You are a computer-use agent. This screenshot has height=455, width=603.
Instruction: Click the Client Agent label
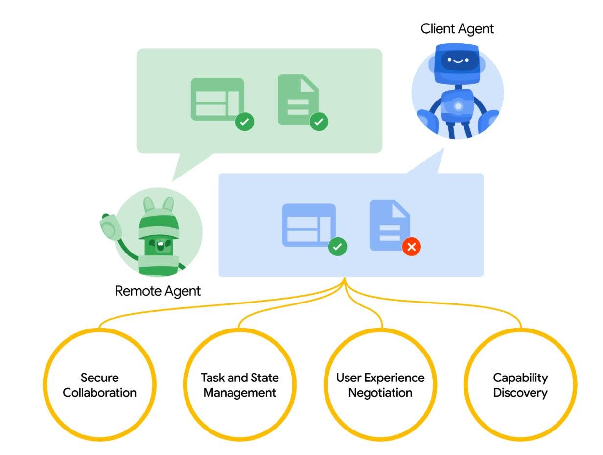(457, 29)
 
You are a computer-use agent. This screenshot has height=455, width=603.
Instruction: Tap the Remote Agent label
(158, 291)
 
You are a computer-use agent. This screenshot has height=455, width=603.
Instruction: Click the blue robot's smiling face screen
(457, 60)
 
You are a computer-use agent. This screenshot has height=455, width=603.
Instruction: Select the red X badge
(411, 247)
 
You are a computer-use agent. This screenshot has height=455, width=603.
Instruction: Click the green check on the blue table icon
(337, 247)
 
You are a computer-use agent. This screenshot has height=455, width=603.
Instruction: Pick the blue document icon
(390, 225)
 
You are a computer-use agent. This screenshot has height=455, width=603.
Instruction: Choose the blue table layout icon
(309, 225)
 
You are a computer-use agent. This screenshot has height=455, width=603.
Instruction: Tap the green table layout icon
(217, 100)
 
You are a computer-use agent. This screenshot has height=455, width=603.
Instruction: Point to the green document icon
(298, 100)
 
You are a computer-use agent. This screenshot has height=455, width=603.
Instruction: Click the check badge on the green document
(319, 122)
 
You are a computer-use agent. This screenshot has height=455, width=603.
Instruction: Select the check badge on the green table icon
(245, 122)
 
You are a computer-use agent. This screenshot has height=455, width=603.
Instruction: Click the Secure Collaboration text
(99, 385)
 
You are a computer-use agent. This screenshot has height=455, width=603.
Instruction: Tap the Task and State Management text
(239, 385)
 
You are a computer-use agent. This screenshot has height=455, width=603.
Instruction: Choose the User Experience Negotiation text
(380, 385)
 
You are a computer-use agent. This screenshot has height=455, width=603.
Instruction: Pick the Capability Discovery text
(520, 385)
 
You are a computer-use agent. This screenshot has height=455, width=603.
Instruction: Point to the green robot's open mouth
(160, 246)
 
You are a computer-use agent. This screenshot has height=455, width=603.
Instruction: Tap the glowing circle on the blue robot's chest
(458, 106)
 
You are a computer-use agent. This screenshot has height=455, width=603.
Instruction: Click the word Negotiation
(380, 393)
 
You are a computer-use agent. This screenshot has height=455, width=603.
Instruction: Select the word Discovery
(520, 393)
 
